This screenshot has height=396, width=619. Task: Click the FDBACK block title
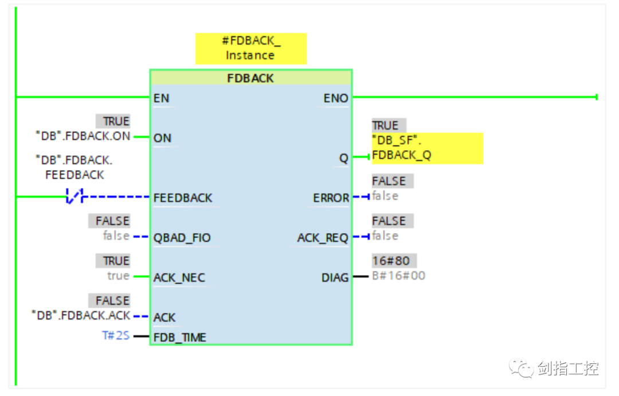tap(250, 78)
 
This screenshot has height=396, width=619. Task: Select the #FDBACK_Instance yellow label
tap(250, 48)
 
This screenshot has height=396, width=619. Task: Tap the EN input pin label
tap(161, 99)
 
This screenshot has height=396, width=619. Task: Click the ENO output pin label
tap(336, 99)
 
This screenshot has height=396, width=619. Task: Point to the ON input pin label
tap(162, 138)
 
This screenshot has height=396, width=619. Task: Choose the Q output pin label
tap(344, 158)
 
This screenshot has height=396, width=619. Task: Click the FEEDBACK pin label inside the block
tap(183, 198)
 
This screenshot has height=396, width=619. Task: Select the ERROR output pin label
tap(331, 198)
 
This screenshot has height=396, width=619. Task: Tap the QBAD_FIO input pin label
tap(182, 238)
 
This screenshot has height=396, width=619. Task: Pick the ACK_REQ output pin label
tap(323, 238)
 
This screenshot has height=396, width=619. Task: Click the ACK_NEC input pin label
tap(179, 277)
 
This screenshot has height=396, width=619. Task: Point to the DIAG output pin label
tap(335, 277)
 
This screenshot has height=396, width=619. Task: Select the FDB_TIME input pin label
tap(179, 338)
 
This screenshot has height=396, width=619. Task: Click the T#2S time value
tap(116, 335)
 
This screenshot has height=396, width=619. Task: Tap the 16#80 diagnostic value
tap(391, 261)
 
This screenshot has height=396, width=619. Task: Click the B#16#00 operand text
tap(399, 276)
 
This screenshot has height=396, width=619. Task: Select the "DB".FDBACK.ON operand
tap(83, 136)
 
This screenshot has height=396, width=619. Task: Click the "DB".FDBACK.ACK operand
tap(81, 315)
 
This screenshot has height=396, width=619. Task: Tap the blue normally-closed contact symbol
tap(75, 196)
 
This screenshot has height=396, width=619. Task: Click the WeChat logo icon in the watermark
tap(521, 368)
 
